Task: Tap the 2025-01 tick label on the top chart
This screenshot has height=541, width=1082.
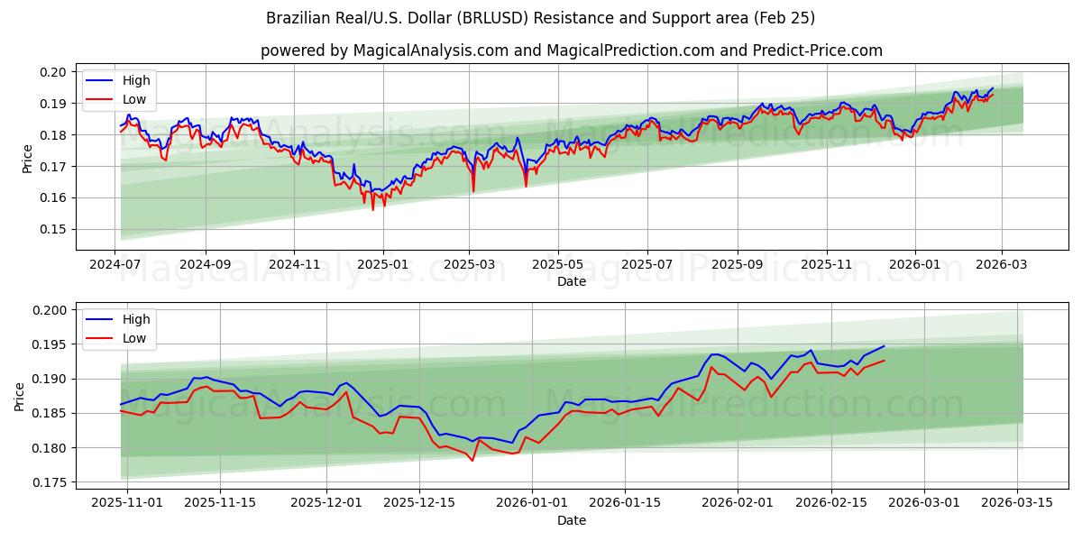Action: (x=382, y=265)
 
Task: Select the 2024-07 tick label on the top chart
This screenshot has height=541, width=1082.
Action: (x=115, y=265)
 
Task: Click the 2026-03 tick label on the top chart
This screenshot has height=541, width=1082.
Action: (x=1003, y=265)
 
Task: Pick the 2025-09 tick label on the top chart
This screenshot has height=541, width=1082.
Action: (x=737, y=265)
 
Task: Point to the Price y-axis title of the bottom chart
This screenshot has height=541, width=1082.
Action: (x=20, y=396)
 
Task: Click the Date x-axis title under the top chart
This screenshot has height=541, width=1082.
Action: (x=572, y=281)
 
